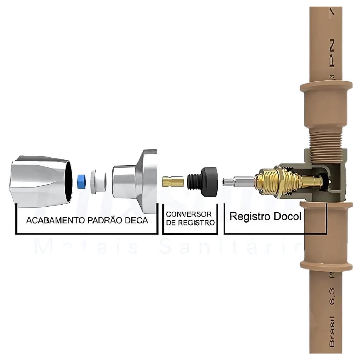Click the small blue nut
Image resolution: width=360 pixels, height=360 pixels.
click(82, 181)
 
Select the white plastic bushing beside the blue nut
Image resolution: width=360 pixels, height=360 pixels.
click(98, 181)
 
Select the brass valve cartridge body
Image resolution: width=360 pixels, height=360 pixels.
click(278, 181)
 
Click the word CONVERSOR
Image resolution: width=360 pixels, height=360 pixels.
click(189, 214)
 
